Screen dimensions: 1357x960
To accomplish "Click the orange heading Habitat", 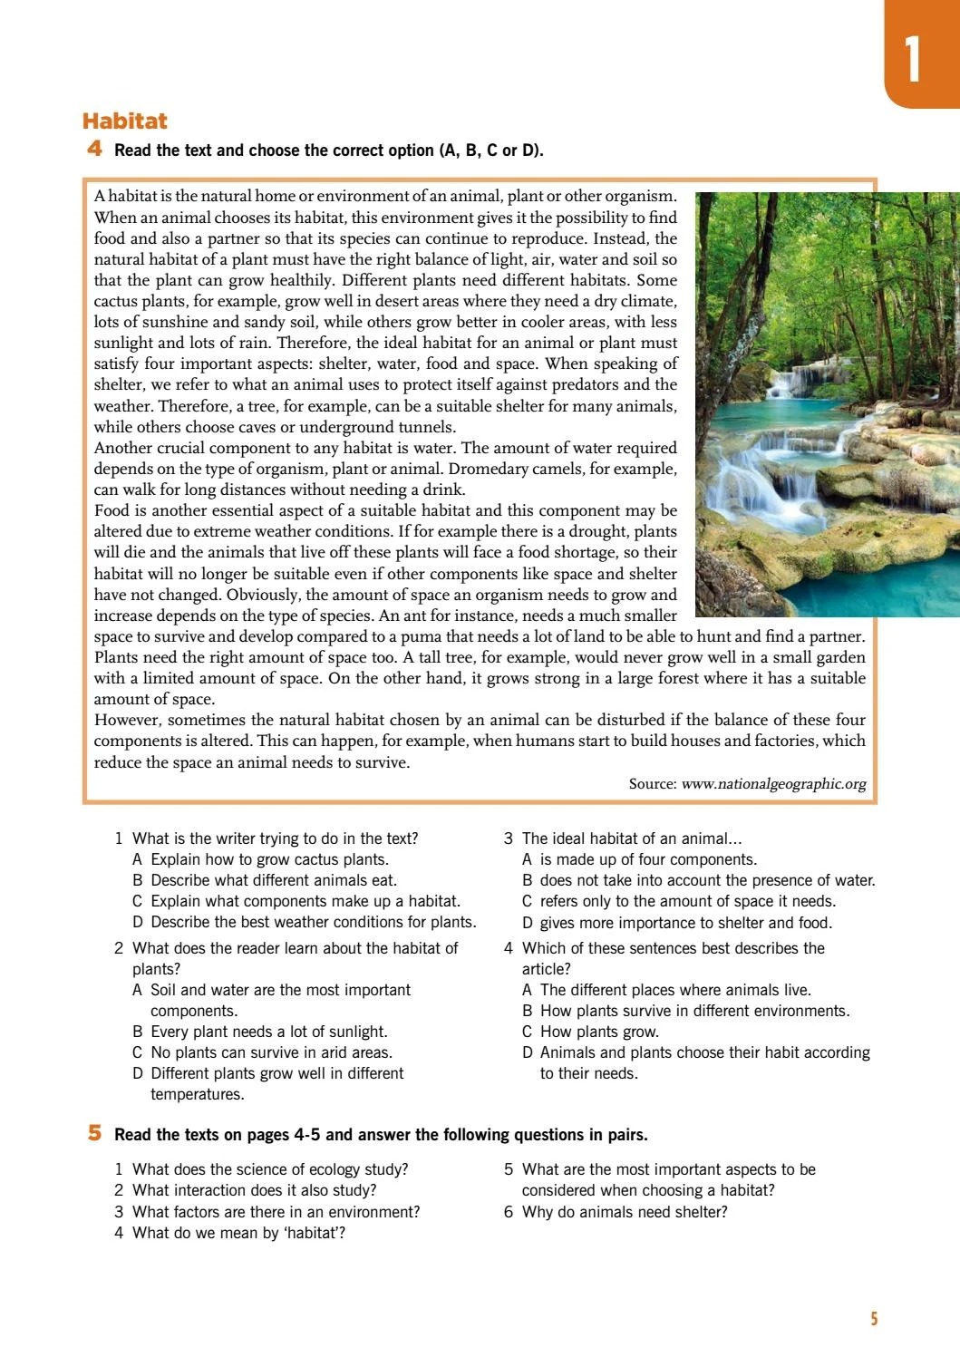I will (125, 121).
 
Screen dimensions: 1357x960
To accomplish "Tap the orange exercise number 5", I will (95, 1133).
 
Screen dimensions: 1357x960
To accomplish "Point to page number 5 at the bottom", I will (874, 1319).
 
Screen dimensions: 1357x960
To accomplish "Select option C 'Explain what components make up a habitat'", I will (305, 901).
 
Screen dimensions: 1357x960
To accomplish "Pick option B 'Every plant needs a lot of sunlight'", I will (268, 1032).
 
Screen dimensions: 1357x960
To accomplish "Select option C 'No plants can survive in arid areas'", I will (270, 1052).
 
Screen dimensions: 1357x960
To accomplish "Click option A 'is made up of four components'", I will (647, 859).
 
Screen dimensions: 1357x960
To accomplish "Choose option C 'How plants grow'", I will (598, 1032).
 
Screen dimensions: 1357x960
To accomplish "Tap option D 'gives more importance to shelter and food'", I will (684, 923).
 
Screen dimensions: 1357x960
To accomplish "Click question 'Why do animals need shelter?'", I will (624, 1212).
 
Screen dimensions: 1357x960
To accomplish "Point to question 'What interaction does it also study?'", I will (254, 1190).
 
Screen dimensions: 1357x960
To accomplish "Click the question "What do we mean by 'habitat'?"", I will (238, 1233).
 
